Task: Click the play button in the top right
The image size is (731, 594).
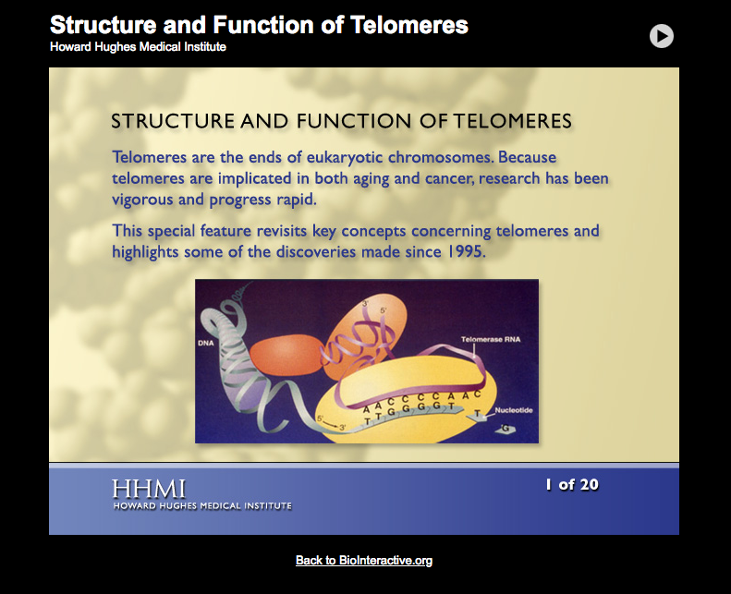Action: [661, 36]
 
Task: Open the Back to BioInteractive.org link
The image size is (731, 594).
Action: [363, 560]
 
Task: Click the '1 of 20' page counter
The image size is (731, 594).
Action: [571, 484]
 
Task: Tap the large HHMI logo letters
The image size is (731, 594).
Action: [149, 489]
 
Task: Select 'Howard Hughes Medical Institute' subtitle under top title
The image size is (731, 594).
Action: [138, 47]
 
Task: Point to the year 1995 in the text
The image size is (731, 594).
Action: [463, 250]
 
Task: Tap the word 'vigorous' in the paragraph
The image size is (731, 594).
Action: [147, 199]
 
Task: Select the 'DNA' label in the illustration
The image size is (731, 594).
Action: [205, 343]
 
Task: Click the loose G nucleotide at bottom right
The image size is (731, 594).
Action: [506, 428]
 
